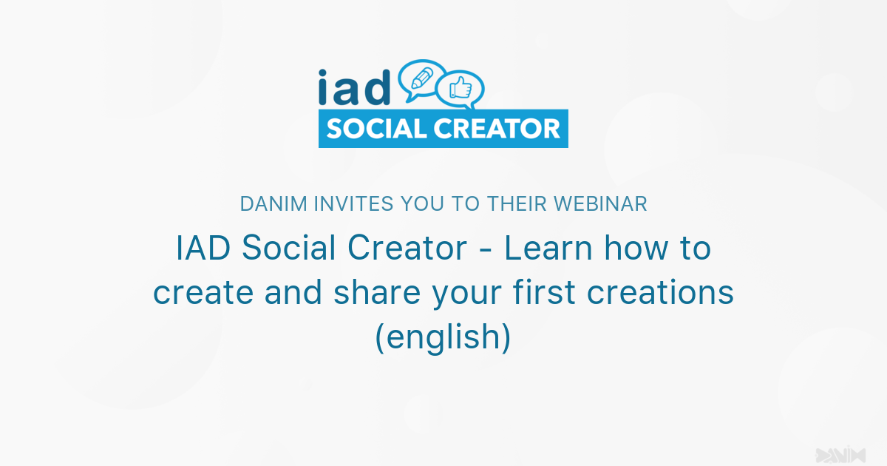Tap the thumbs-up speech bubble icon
pos(460,90)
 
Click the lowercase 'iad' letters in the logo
pos(354,88)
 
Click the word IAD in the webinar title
pos(203,249)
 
